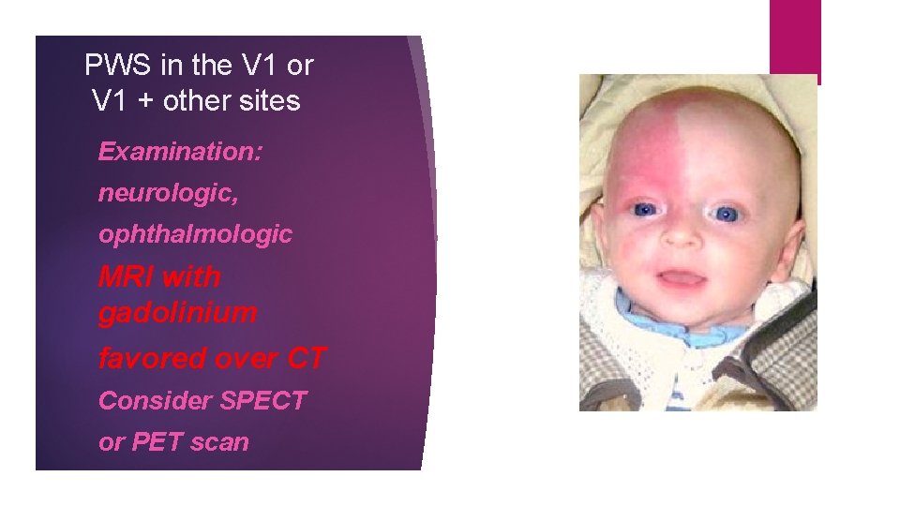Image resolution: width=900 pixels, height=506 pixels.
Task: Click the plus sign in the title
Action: point(145,101)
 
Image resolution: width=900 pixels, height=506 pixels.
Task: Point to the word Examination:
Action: point(180,151)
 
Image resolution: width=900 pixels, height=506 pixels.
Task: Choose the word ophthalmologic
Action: point(195,234)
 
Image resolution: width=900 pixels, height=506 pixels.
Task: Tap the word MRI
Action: point(127,276)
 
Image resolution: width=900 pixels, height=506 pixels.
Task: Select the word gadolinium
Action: point(177,313)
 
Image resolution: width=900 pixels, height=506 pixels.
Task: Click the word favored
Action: point(153,357)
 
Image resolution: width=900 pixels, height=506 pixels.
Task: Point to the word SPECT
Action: point(262,400)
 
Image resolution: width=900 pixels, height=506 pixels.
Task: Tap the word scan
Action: point(218,442)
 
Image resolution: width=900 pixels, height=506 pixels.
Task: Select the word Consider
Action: point(155,400)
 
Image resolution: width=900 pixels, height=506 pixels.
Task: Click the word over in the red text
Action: point(248,357)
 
